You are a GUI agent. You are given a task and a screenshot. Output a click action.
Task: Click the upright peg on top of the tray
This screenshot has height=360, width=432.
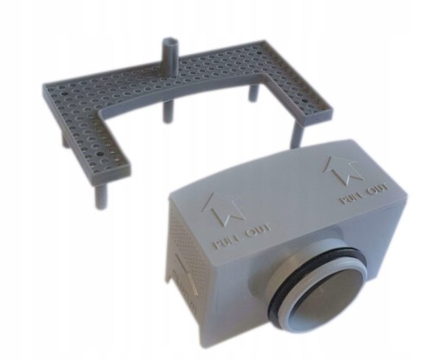(x=170, y=58)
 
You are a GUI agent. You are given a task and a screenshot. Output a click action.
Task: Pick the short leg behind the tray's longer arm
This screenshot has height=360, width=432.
(x=254, y=92)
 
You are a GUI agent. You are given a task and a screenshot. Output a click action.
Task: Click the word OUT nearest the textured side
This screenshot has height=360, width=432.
(x=257, y=232)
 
